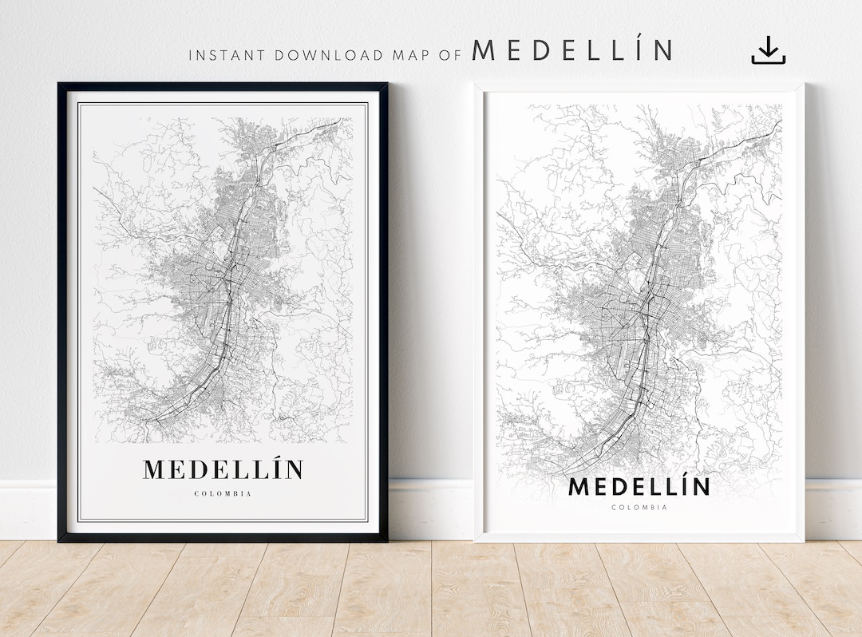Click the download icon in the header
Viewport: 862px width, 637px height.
tap(768, 51)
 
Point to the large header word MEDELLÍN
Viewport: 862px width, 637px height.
tap(571, 50)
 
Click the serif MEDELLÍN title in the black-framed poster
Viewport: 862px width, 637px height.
tap(223, 470)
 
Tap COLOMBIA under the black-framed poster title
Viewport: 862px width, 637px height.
tap(223, 493)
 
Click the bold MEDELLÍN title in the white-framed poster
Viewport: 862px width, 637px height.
tap(639, 486)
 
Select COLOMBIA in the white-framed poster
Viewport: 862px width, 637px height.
tap(639, 507)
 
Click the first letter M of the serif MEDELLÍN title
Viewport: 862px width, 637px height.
tap(153, 470)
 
